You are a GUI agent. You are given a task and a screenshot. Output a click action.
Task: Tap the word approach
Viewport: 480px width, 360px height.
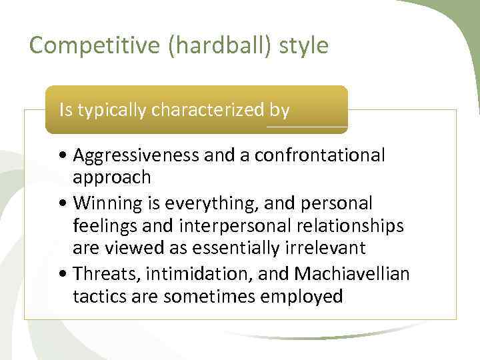click(x=112, y=178)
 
